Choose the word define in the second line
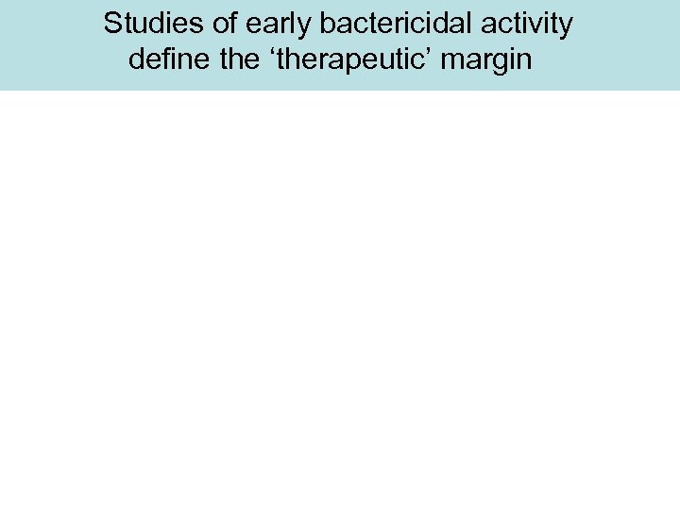[164, 61]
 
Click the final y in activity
[564, 28]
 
